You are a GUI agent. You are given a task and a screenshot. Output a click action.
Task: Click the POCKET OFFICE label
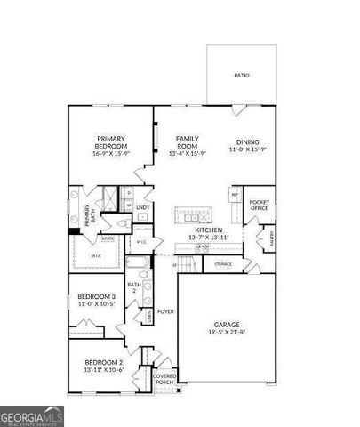point(260,206)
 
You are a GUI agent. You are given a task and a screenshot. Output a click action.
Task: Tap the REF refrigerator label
point(235,194)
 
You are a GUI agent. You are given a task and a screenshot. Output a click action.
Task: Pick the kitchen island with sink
point(194,214)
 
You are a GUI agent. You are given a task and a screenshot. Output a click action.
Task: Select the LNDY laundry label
point(143,207)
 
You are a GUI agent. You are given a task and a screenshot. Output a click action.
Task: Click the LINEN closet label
point(107,238)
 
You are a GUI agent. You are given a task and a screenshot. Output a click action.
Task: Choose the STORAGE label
point(223,264)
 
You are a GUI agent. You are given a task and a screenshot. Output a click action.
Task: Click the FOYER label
point(165,311)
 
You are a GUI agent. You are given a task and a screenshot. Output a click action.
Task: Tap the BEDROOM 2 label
point(104,366)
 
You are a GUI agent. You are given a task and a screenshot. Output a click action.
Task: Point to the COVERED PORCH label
point(165,378)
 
